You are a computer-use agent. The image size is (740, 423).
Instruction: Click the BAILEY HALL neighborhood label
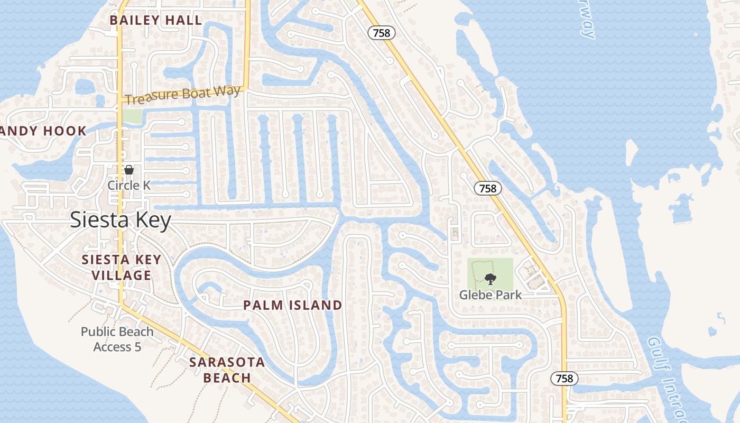click(156, 21)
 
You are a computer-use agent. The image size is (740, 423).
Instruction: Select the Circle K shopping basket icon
click(129, 170)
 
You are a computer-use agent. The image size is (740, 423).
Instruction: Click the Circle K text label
click(129, 186)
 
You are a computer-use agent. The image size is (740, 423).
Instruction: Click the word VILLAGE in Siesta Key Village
click(121, 275)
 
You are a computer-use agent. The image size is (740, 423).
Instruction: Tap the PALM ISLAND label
click(292, 305)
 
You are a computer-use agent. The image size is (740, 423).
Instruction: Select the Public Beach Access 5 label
click(117, 339)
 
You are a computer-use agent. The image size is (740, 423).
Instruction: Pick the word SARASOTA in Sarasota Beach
click(227, 362)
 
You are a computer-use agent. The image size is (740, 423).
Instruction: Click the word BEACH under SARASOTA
click(227, 378)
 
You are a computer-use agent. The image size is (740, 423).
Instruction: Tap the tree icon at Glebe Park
click(490, 279)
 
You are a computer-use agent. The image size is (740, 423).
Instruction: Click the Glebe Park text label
click(490, 295)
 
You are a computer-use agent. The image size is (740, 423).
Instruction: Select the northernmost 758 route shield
click(381, 33)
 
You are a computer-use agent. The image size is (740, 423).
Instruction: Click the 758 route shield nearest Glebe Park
click(487, 188)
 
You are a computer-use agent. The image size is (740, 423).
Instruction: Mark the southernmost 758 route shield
click(564, 379)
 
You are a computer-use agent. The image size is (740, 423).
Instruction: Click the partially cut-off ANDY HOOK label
click(43, 131)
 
